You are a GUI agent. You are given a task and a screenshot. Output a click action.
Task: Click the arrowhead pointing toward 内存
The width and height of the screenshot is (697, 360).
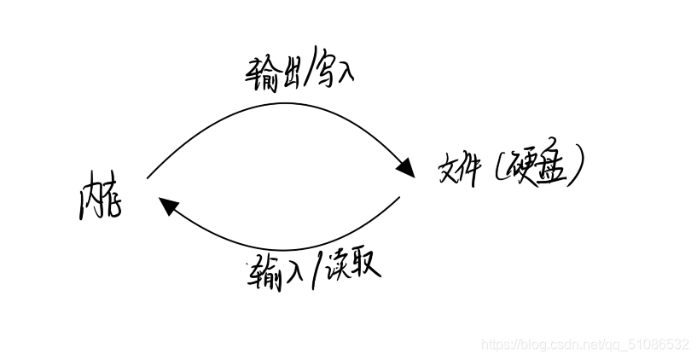coord(167,206)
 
